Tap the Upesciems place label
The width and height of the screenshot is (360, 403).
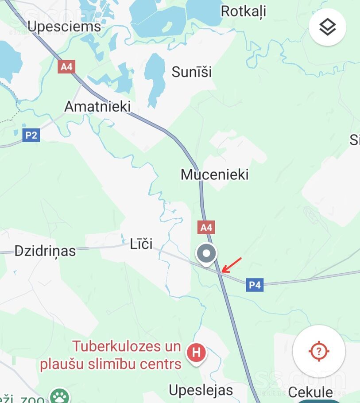click(x=64, y=26)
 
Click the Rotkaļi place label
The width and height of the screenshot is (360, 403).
click(x=243, y=11)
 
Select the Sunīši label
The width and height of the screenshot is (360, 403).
click(x=192, y=72)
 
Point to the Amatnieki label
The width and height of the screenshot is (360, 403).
click(x=97, y=107)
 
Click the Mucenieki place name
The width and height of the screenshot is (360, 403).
click(x=214, y=174)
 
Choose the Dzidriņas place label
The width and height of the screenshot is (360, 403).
click(x=45, y=251)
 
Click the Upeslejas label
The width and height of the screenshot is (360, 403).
click(x=201, y=390)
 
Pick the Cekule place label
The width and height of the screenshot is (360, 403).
click(x=310, y=392)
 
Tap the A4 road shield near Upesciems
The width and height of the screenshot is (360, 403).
click(x=66, y=67)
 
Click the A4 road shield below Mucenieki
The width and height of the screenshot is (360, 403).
click(x=206, y=228)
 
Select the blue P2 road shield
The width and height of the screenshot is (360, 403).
click(x=31, y=135)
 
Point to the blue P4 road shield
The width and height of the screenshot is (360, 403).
click(x=255, y=285)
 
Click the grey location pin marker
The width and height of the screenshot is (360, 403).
click(x=206, y=255)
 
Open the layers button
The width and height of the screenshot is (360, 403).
click(x=327, y=27)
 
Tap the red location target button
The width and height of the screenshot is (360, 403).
click(x=319, y=352)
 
